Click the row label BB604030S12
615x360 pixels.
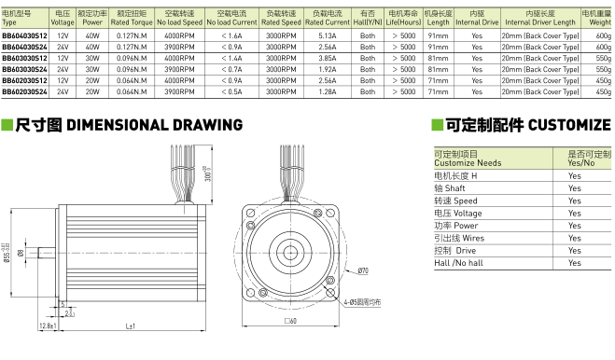tap(24, 36)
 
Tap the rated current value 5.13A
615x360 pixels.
tap(328, 36)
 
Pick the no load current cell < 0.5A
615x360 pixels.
tap(231, 91)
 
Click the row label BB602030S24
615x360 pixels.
tap(24, 91)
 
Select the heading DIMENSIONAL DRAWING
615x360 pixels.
tap(155, 125)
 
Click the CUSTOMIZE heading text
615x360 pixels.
tap(569, 125)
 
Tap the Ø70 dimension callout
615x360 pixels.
tap(363, 270)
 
